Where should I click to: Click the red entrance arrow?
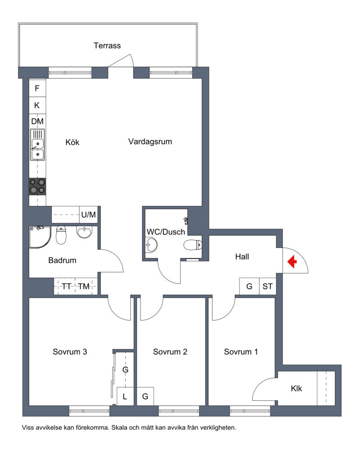(292, 261)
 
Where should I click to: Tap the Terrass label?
(107, 45)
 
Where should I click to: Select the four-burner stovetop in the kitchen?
(38, 186)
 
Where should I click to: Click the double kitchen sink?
(38, 145)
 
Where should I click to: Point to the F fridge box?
(38, 88)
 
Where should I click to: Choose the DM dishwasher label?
(37, 121)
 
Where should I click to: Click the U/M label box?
(89, 214)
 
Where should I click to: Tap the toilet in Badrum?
(61, 235)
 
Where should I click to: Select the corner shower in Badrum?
(40, 237)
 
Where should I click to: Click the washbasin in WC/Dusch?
(151, 245)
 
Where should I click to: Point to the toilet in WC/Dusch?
(193, 245)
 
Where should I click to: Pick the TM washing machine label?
(84, 286)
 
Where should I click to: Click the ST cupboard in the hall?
(268, 286)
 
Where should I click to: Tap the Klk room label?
(297, 388)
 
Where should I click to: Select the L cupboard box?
(125, 396)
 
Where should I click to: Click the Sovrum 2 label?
(170, 352)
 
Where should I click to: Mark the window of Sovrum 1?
(250, 411)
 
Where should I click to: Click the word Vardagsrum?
(150, 141)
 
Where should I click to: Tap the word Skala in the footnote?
(119, 427)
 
